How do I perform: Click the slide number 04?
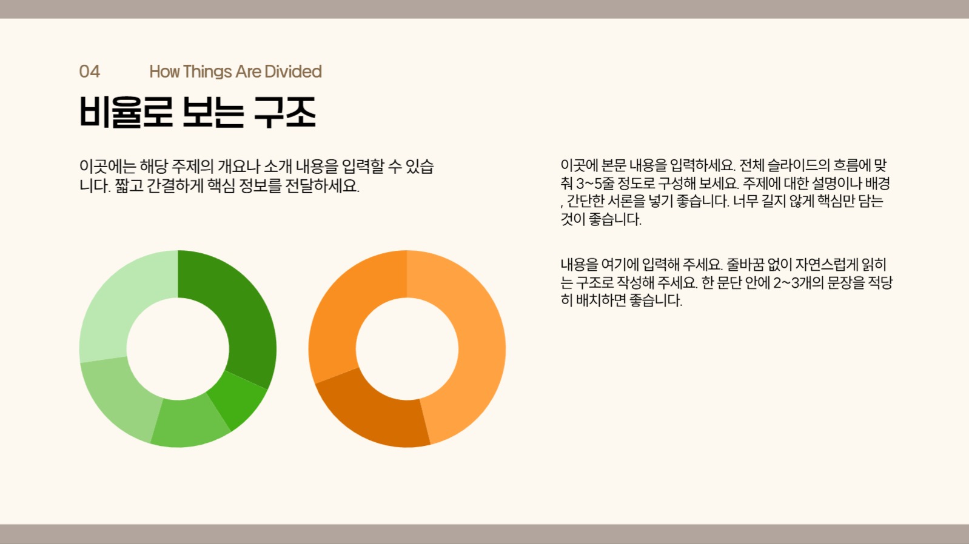click(89, 71)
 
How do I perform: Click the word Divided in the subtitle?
click(293, 71)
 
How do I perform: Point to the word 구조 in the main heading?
click(285, 112)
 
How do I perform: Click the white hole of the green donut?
click(178, 349)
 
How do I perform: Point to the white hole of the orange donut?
click(407, 349)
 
